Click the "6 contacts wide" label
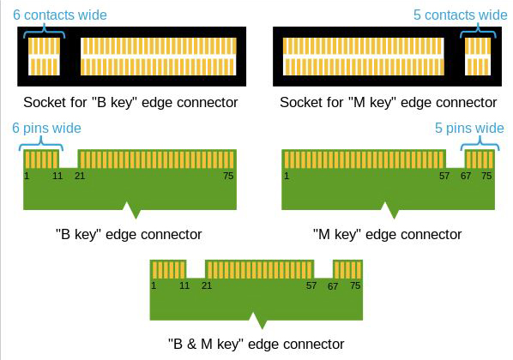(x=60, y=15)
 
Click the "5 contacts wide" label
(x=461, y=15)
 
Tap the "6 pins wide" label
(x=46, y=129)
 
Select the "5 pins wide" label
(x=469, y=129)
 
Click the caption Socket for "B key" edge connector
(x=130, y=102)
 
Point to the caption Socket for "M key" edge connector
(x=389, y=102)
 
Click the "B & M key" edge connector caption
(x=256, y=344)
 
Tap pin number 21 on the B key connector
(x=80, y=176)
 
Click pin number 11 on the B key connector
(x=57, y=176)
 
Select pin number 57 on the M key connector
(x=444, y=176)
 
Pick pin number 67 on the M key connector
(x=466, y=176)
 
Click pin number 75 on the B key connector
(x=228, y=176)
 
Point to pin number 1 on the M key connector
(x=287, y=176)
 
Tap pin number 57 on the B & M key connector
(x=311, y=285)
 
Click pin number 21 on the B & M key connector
(x=207, y=285)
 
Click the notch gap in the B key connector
(x=69, y=159)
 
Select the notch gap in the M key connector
(x=456, y=159)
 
